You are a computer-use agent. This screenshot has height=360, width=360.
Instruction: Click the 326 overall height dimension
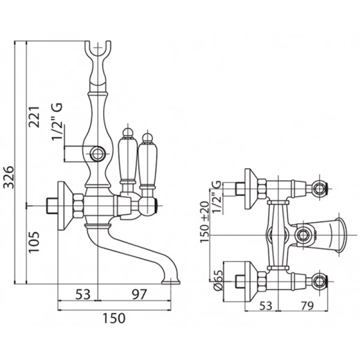pos(10,179)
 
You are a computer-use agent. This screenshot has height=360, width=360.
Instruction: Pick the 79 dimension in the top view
pos(307,306)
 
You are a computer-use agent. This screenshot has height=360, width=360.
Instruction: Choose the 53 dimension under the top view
pos(266,306)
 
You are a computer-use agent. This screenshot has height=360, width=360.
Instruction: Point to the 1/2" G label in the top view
pos(217,194)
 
